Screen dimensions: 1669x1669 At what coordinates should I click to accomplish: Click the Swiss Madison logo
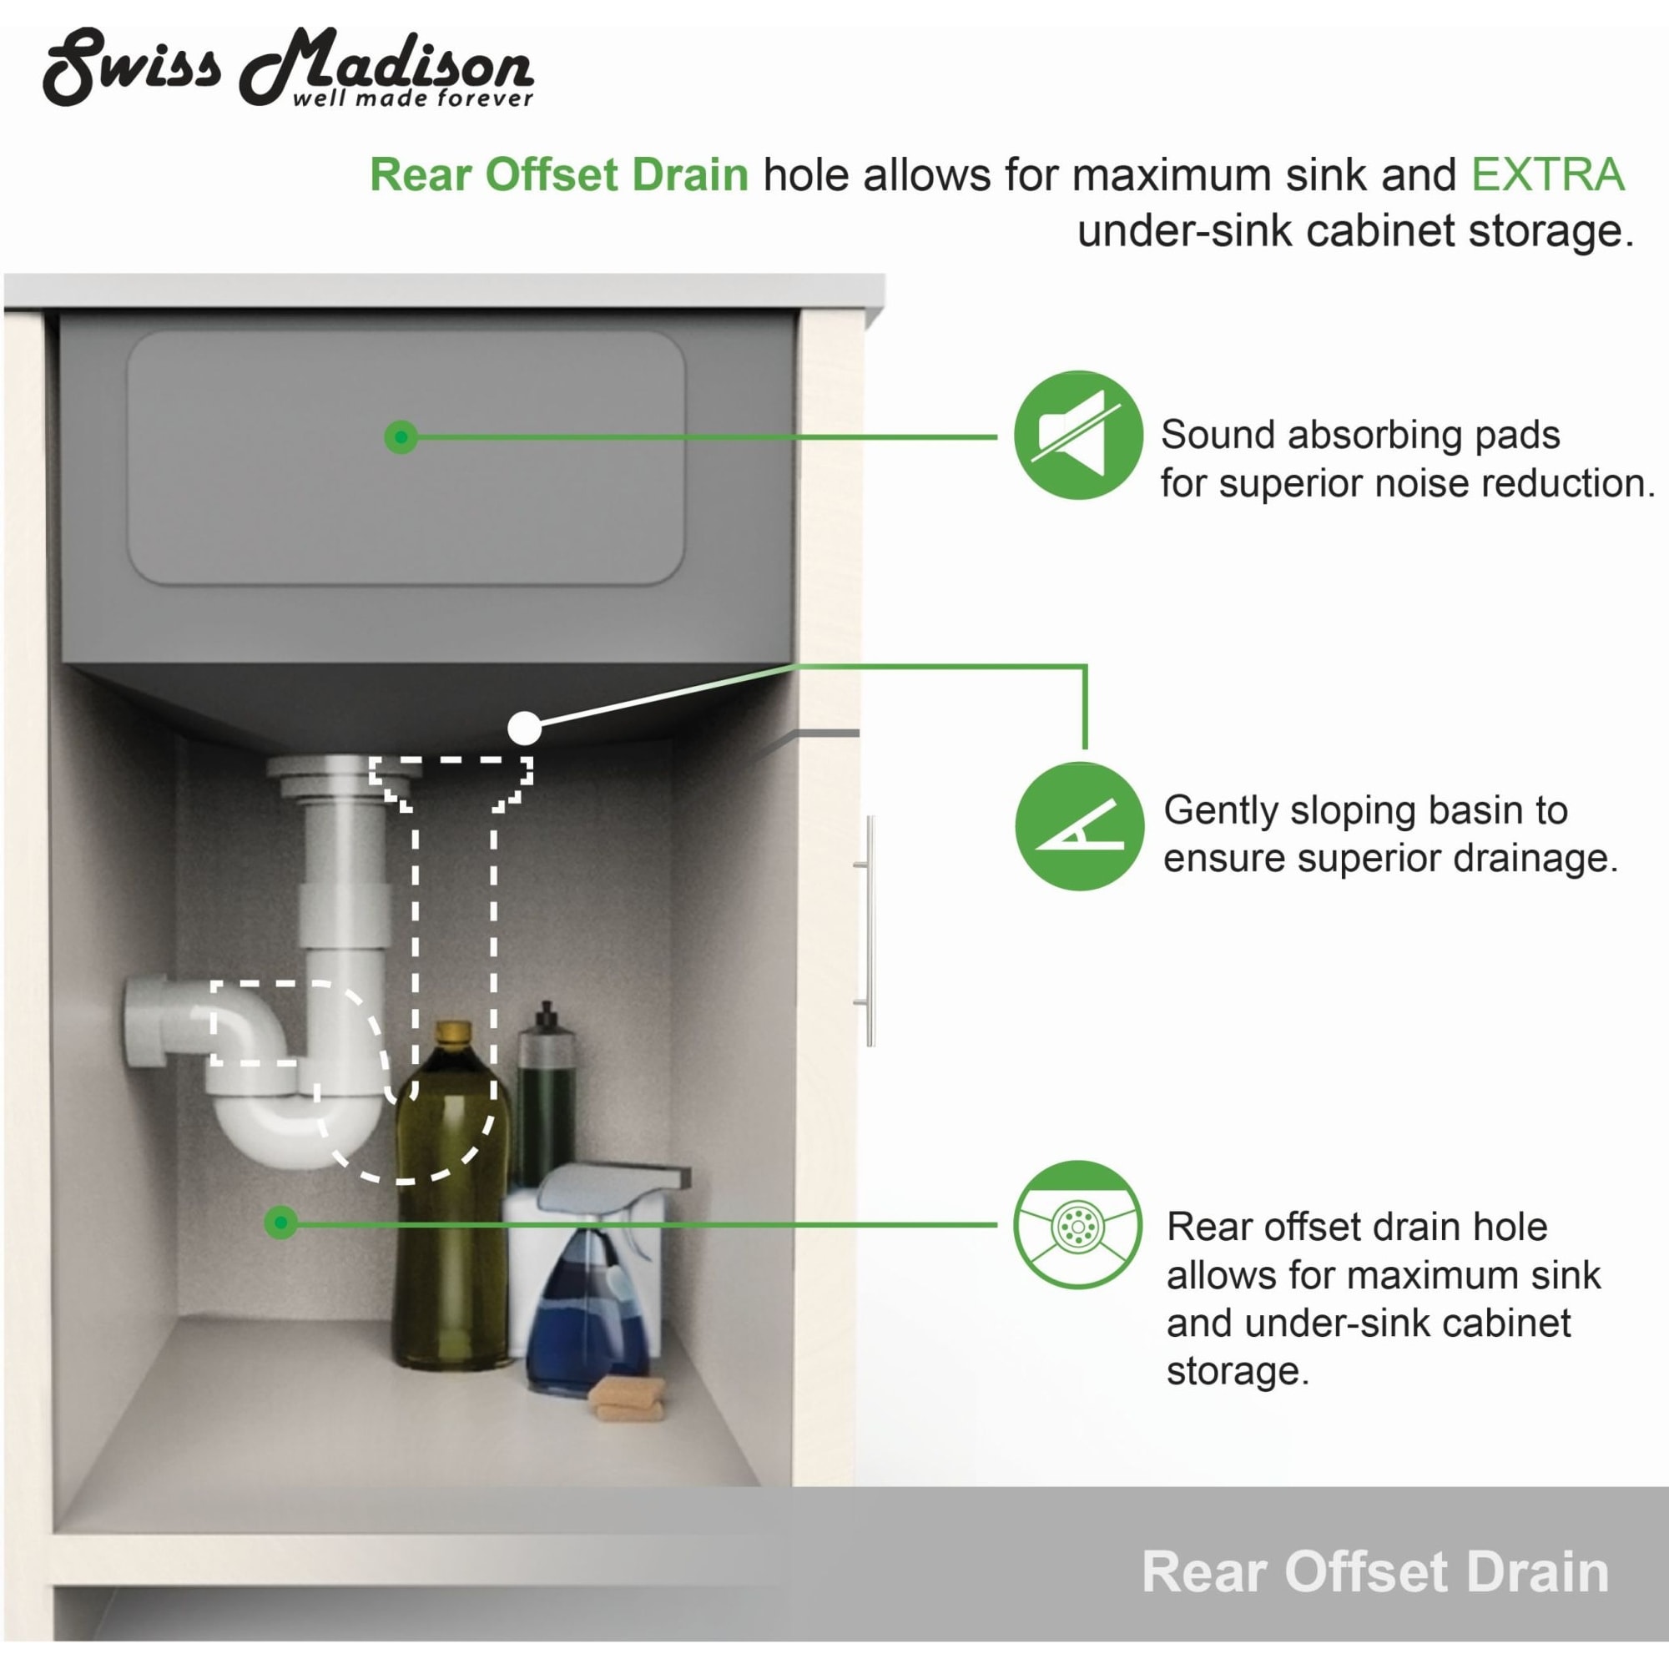[288, 68]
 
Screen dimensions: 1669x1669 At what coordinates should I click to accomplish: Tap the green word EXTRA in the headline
[1547, 174]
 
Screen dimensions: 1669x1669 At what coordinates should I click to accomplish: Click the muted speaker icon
[1078, 436]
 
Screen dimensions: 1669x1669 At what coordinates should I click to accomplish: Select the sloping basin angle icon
[1079, 827]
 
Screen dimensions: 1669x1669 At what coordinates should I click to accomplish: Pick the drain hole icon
[1078, 1225]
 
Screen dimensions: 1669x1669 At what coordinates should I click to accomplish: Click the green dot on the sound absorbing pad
[401, 437]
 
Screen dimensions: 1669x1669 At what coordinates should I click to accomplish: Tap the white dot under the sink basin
[524, 729]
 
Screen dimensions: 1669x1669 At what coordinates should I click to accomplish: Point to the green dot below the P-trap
[280, 1223]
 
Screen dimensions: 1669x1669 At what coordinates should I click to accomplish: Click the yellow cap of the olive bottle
[452, 1033]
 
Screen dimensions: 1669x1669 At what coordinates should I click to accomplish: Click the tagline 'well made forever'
[413, 98]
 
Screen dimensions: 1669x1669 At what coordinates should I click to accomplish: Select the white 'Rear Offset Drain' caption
[1375, 1571]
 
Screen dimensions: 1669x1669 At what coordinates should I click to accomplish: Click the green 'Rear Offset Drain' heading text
[559, 174]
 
